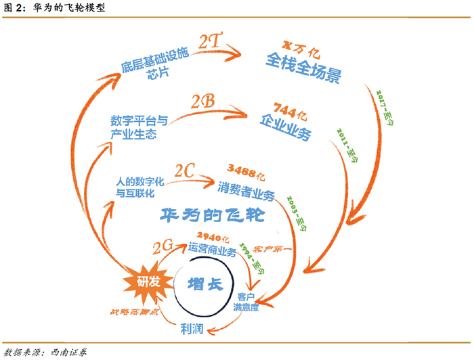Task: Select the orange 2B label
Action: point(203,102)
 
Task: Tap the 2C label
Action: point(184,171)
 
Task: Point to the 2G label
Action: point(163,246)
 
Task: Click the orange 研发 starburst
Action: point(148,282)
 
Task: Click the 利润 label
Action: point(192,329)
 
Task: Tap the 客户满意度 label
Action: point(246,302)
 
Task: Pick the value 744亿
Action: point(290,112)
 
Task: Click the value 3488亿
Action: point(246,172)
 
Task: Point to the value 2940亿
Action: point(213,237)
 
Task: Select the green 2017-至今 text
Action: point(385,108)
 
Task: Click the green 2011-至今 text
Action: point(347,145)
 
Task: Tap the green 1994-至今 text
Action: point(252,258)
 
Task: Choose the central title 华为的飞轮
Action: point(212,215)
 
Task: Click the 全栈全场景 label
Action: point(303,68)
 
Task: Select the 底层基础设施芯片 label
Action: point(155,64)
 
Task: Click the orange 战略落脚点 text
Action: point(134,312)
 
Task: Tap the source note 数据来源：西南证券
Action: point(45,352)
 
